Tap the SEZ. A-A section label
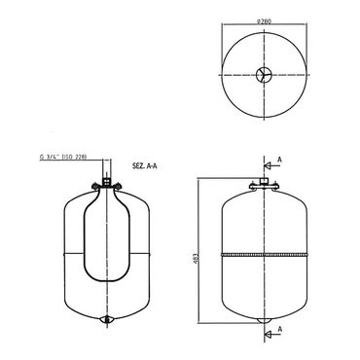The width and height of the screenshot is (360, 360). coord(144,167)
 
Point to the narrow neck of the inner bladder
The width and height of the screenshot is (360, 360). coord(107,200)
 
